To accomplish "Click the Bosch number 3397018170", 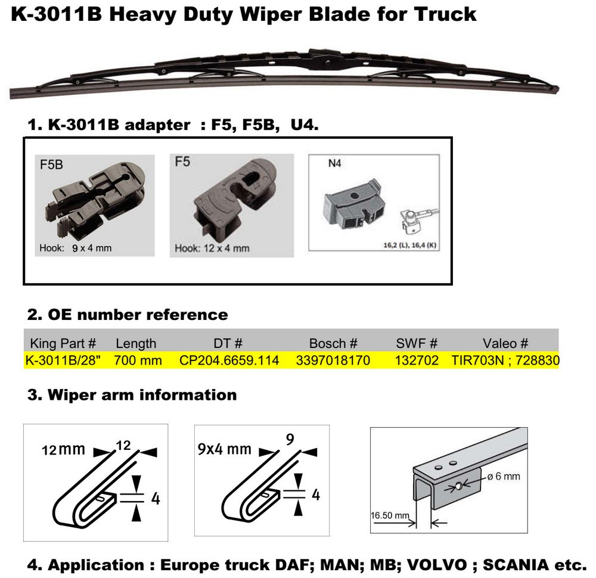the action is coord(333,360).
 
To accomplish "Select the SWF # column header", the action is coord(417,343).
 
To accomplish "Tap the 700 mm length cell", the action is coord(138,360).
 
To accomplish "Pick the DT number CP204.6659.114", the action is coord(229,360).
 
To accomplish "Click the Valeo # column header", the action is coord(505,343).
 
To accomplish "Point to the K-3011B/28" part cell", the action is coord(63,360).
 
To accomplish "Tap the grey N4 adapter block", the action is coord(353,204).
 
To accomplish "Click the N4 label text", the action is coord(334,163).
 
